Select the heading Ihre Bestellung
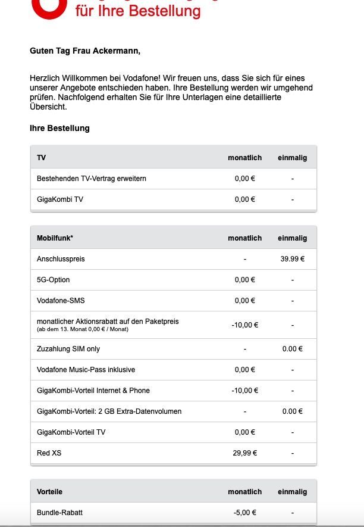(59, 129)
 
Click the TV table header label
(42, 158)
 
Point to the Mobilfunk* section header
(55, 238)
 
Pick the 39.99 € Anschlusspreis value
(292, 259)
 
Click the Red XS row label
(49, 453)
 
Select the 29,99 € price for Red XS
(245, 453)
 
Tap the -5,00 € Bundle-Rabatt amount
(245, 513)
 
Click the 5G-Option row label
(53, 280)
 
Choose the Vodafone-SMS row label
(61, 301)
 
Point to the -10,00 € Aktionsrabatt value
(245, 325)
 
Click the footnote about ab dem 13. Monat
(82, 329)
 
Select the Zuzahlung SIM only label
(68, 349)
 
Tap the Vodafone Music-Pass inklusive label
(86, 370)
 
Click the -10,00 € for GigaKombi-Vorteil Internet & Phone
(245, 391)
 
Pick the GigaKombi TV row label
(60, 199)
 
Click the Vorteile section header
(49, 492)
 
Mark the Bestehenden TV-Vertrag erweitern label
(92, 179)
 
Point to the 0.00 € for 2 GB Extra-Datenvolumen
(292, 411)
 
